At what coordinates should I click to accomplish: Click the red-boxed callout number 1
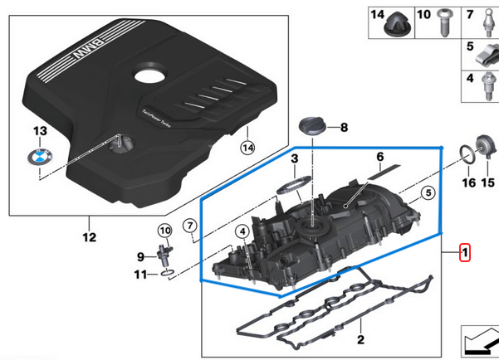[x=466, y=251]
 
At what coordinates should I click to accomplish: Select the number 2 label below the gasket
[x=360, y=339]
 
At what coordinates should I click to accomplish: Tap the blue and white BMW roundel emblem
[x=38, y=158]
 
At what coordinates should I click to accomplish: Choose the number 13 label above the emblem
[x=37, y=131]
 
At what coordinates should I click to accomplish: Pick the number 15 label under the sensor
[x=487, y=182]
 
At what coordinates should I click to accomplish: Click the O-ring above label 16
[x=468, y=153]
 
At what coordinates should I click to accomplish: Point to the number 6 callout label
[x=379, y=157]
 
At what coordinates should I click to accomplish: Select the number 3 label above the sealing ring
[x=293, y=158]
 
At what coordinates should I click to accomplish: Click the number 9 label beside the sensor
[x=140, y=255]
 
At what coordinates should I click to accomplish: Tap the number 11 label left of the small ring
[x=140, y=274]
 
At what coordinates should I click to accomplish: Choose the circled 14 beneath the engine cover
[x=246, y=147]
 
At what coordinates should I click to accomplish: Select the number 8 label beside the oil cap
[x=345, y=128]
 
